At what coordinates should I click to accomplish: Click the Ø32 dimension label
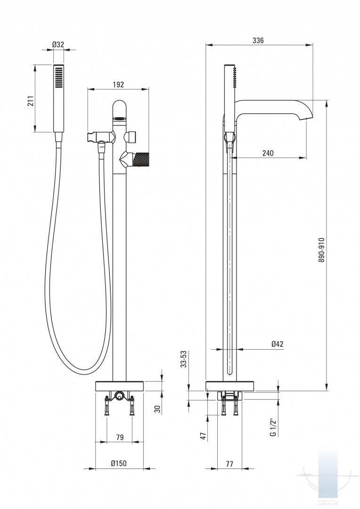point(58,44)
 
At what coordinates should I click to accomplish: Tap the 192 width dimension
point(118,84)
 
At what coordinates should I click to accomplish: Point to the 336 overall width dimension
point(258,41)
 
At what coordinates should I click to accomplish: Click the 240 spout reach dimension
point(268,153)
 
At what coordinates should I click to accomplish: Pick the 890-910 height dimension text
point(321,249)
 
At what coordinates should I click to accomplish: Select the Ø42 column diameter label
point(278,345)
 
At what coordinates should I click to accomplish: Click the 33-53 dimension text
point(185,359)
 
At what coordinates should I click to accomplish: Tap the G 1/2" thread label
point(273,427)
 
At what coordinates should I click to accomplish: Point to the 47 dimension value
point(204,436)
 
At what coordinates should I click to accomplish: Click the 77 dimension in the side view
point(229,464)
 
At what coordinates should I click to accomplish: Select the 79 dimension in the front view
point(119,437)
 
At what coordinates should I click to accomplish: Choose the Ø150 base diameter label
point(119,464)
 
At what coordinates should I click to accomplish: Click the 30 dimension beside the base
point(158,409)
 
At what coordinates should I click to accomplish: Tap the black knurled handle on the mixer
point(141,158)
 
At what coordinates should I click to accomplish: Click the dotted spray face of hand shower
point(58,77)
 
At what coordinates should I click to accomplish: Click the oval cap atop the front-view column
point(120,110)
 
